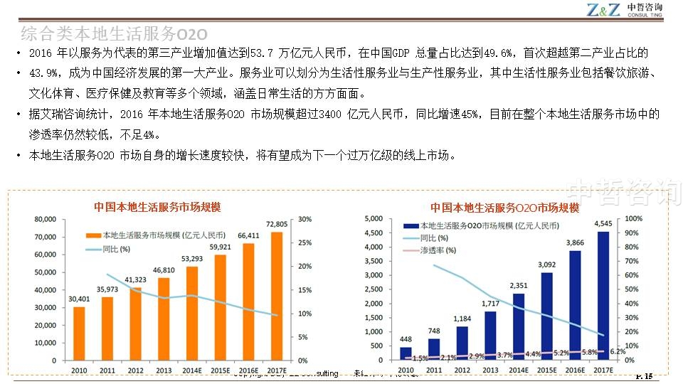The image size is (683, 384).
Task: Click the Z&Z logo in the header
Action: click(603, 9)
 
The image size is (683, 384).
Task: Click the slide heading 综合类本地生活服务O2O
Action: click(114, 34)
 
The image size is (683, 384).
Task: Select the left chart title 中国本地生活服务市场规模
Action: click(157, 207)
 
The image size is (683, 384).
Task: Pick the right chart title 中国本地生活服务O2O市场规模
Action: click(504, 208)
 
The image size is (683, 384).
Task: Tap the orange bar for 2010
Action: click(79, 334)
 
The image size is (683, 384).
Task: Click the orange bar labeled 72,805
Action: click(277, 296)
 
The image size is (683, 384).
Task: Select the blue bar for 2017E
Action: click(604, 296)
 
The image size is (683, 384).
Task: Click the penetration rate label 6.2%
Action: click(618, 351)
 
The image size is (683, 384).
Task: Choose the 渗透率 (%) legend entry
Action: click(438, 250)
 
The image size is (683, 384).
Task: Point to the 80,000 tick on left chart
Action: click(45, 220)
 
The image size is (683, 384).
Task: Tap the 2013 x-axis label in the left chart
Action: click(164, 370)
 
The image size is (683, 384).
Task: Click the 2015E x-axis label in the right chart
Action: click(547, 370)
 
